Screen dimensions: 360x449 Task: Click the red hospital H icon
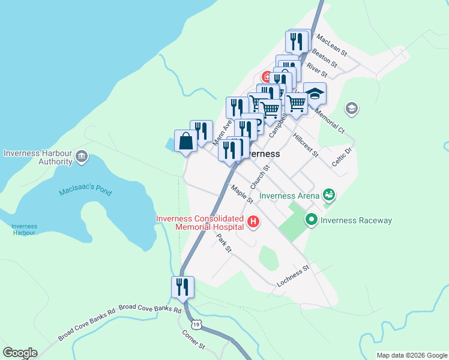click(x=253, y=223)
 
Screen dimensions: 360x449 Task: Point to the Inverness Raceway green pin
click(x=311, y=220)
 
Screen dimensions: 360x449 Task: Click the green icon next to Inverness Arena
click(x=328, y=194)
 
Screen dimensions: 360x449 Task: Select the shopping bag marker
click(x=186, y=142)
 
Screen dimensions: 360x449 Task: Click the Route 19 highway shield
click(x=197, y=325)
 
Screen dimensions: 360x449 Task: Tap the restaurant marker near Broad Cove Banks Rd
click(x=183, y=287)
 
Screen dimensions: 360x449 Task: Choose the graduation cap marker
click(x=315, y=94)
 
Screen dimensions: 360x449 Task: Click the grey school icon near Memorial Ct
click(x=351, y=109)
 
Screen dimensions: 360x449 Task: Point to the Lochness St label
click(x=292, y=275)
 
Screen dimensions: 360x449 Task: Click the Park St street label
click(x=224, y=243)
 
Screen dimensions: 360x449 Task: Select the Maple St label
click(x=242, y=193)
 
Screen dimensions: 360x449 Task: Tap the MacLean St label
click(x=332, y=44)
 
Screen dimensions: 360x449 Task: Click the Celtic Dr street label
click(x=341, y=158)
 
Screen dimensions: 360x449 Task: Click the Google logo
click(x=20, y=353)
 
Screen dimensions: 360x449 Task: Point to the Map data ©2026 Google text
click(x=411, y=355)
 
